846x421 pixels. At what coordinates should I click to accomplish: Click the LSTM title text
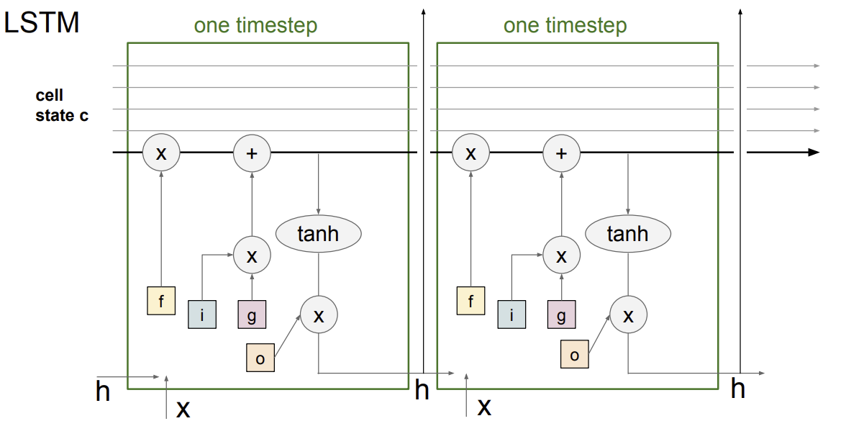[42, 23]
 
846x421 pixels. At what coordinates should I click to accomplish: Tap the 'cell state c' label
[62, 105]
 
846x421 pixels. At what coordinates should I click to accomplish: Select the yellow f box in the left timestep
[161, 301]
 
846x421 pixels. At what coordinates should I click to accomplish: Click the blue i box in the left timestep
[201, 314]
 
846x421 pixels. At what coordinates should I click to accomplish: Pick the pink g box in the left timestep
[252, 314]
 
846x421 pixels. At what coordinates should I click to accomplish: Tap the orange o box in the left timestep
[260, 357]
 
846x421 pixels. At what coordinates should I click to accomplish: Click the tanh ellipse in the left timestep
[318, 234]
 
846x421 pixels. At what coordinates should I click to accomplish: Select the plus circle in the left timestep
[252, 153]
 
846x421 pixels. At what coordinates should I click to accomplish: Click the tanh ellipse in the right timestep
[628, 234]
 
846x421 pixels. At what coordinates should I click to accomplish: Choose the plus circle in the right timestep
[562, 153]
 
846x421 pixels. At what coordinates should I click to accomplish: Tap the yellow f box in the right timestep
[471, 301]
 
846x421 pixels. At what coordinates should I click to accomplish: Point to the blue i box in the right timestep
[511, 314]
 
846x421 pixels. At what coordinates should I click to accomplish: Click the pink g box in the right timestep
[562, 314]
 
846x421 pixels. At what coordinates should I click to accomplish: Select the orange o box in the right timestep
[575, 354]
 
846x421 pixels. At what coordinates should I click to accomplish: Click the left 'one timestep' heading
[255, 24]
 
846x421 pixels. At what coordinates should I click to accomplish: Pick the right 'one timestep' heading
[565, 24]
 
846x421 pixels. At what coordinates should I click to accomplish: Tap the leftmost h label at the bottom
[102, 391]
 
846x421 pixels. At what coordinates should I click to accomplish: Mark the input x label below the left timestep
[183, 409]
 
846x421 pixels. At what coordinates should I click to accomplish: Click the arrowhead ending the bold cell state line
[814, 153]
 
